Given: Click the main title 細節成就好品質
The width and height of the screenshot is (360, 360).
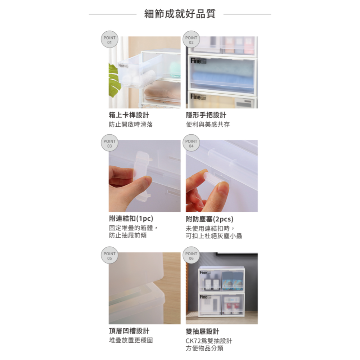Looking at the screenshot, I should (180, 14).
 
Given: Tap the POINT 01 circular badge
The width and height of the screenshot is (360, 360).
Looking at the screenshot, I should (109, 40).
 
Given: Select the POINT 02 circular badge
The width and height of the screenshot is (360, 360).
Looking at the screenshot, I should (191, 40).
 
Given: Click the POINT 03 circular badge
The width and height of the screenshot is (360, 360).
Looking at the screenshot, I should (109, 144).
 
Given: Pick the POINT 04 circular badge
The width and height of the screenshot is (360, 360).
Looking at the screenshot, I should (191, 144).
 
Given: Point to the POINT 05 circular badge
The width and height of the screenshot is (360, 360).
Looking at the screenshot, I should (109, 256).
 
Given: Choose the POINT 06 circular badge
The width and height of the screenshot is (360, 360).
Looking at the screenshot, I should (191, 256).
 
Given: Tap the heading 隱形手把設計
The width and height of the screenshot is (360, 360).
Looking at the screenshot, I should (206, 115).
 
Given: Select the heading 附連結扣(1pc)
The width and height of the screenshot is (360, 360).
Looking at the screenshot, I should (131, 219).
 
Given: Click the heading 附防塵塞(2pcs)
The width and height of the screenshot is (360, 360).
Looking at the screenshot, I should (210, 219).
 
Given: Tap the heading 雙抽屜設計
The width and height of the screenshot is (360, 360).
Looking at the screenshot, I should (202, 331).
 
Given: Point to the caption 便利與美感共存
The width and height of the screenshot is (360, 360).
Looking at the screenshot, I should (208, 125).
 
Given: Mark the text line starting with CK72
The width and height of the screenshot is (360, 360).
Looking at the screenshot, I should (209, 341).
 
